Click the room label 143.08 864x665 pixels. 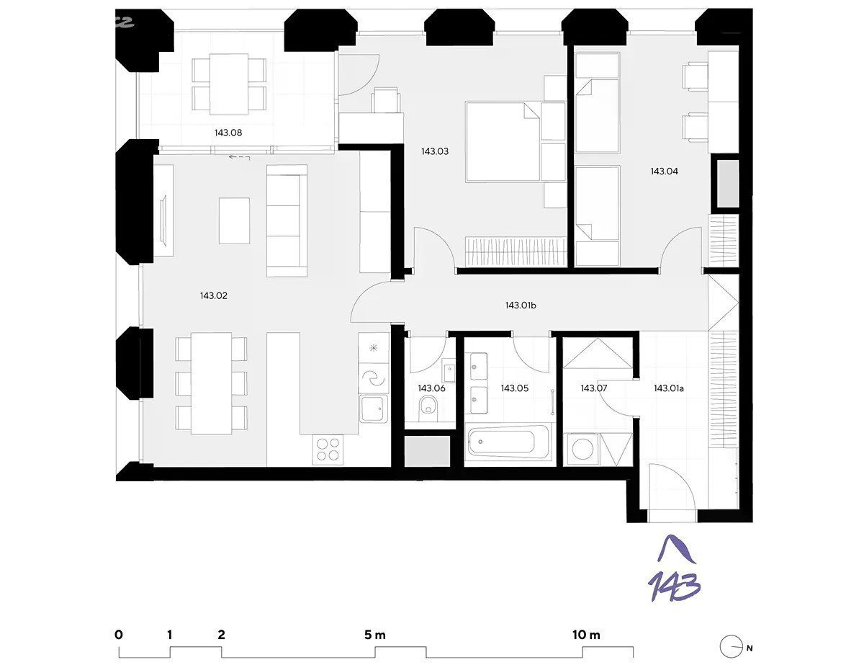point(228,133)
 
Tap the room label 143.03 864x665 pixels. point(435,151)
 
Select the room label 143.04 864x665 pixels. point(664,171)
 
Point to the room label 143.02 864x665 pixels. point(214,295)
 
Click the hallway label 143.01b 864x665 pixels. point(521,305)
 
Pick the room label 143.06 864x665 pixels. point(431,388)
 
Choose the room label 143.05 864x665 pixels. point(515,388)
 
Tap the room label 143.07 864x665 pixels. point(593,388)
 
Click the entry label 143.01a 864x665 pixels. point(669,388)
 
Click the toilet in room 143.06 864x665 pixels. point(428,407)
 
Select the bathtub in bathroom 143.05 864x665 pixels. point(508,441)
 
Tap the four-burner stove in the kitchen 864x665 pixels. point(328,449)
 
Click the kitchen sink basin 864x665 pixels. point(374,409)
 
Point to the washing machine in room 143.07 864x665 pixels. point(583,449)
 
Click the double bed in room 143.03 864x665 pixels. point(503,142)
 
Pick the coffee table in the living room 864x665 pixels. point(234,220)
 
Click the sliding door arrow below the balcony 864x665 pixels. point(239,158)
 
